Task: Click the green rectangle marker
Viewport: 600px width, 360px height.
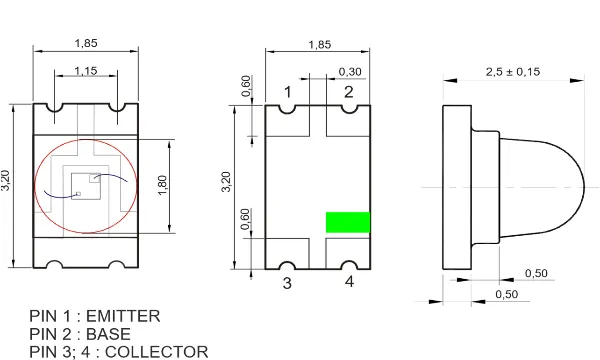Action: [x=348, y=222]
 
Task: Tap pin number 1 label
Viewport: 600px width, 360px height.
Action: [x=287, y=92]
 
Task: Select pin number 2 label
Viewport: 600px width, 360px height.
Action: [x=348, y=92]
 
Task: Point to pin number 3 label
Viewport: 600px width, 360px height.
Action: [x=287, y=283]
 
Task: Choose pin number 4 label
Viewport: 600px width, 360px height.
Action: [x=349, y=282]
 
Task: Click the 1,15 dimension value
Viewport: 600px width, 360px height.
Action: [x=86, y=71]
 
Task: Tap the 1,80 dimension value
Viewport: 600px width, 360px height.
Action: [x=163, y=185]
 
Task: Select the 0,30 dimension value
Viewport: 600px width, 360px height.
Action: [x=350, y=72]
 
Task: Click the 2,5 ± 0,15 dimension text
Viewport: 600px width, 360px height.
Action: [x=513, y=72]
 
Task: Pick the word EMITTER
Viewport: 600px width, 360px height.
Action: [x=123, y=316]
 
